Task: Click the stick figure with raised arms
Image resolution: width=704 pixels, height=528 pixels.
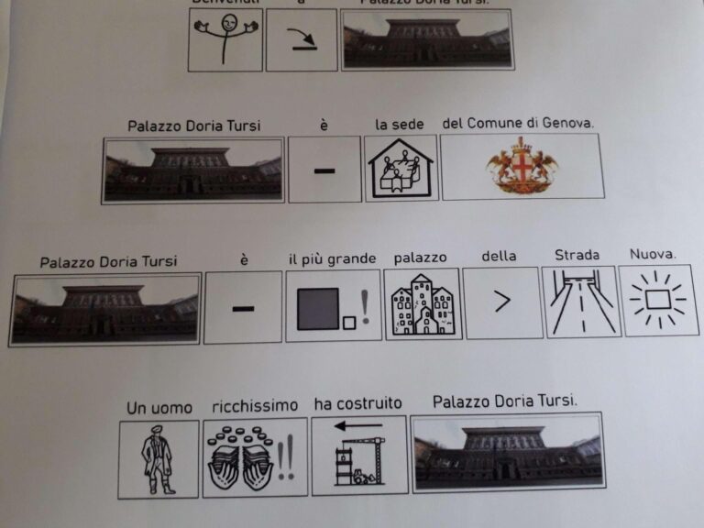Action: point(225,39)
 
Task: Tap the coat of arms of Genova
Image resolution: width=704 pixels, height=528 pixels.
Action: point(522,165)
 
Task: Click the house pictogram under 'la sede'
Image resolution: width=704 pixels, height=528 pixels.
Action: point(401,169)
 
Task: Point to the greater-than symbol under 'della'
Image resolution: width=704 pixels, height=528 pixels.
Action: point(502,302)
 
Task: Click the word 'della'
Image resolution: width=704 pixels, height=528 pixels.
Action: point(500,257)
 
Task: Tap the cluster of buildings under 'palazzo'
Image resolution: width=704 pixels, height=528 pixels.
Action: point(422,305)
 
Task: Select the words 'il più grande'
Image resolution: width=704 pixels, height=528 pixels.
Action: point(332,258)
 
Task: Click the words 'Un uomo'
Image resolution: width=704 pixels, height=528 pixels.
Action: point(159,407)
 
